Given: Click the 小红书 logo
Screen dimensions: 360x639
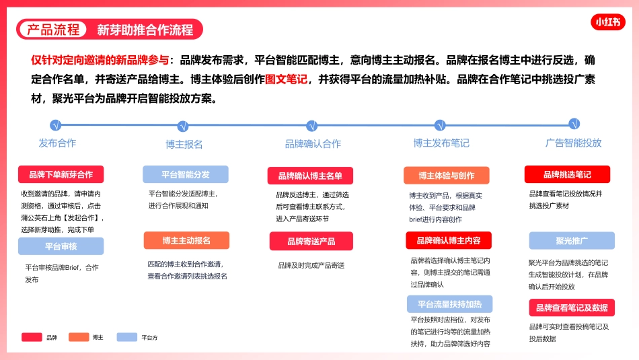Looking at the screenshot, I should click(x=608, y=22).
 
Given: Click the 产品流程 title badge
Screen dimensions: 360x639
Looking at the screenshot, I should click(x=54, y=30).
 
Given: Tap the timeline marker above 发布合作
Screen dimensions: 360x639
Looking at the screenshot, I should click(x=56, y=125).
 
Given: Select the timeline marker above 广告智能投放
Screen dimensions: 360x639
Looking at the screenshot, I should click(x=574, y=124).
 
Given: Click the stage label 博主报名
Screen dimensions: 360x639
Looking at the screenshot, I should click(x=184, y=144).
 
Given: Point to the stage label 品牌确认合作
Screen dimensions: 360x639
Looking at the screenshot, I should click(x=313, y=144).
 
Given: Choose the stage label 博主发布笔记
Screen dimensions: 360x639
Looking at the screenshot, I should click(x=441, y=143).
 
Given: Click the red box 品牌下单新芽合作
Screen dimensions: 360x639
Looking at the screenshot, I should click(x=61, y=174).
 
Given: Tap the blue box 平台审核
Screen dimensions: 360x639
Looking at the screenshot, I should click(x=61, y=246).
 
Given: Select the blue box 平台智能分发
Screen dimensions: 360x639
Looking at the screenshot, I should click(x=185, y=174).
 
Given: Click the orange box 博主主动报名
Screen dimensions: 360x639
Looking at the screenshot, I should click(x=186, y=240).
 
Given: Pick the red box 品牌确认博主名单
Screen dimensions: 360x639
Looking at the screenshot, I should click(x=310, y=176).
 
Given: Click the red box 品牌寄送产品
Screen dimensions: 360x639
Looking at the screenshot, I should click(x=311, y=241).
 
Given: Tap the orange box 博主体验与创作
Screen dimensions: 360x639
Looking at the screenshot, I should click(x=446, y=176).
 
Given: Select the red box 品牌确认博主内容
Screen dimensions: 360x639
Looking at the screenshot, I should click(x=449, y=240).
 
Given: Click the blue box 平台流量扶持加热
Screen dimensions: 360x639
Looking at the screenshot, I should click(x=449, y=303).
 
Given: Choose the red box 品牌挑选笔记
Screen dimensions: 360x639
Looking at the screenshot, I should click(x=567, y=174).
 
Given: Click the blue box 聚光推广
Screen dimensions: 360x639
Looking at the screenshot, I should click(x=572, y=240).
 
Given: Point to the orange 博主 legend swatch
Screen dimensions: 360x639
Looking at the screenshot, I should click(x=79, y=337).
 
